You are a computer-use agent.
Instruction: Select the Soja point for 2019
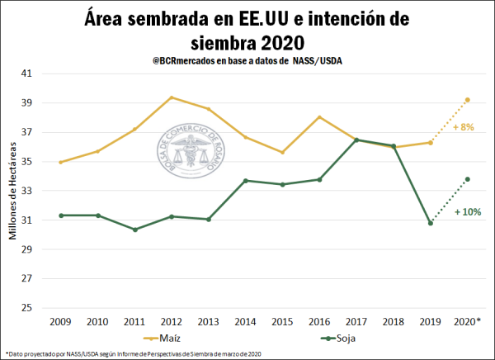[x=430, y=223]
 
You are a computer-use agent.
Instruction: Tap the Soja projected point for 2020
[x=468, y=179]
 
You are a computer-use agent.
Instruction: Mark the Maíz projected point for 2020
[x=468, y=100]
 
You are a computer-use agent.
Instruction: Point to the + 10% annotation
[x=468, y=211]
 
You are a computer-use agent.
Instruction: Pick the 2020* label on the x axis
[x=468, y=320]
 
